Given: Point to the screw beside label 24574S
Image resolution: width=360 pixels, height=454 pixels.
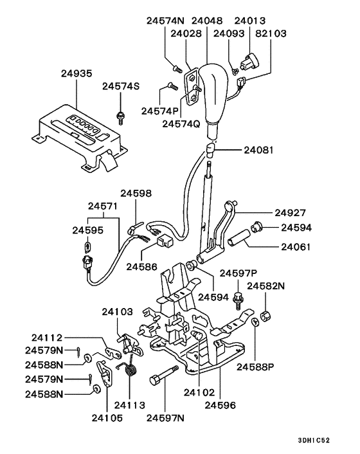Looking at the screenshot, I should pos(120,116).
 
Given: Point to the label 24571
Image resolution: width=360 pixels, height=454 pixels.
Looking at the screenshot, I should pos(103,206).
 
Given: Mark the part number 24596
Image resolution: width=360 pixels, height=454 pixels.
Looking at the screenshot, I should pos(221,405).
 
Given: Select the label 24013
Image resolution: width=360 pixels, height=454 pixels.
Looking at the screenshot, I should pos(249,21).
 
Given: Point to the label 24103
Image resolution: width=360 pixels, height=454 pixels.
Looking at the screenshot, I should pos(117,312).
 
